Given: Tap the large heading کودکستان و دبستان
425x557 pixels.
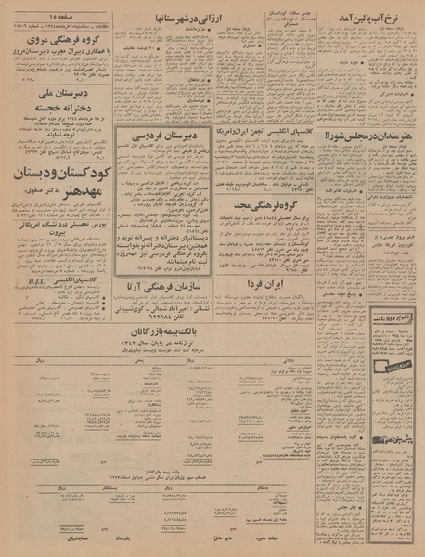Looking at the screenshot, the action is pyautogui.click(x=63, y=175).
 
